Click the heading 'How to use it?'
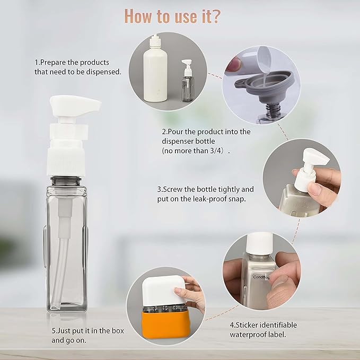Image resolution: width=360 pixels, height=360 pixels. tap(173, 16)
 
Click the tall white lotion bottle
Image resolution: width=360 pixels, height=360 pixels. tap(155, 72)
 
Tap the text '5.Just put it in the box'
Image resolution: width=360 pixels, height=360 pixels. tap(87, 330)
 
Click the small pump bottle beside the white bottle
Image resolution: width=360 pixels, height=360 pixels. tap(187, 78)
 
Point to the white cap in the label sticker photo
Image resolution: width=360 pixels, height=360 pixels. tap(260, 244)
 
